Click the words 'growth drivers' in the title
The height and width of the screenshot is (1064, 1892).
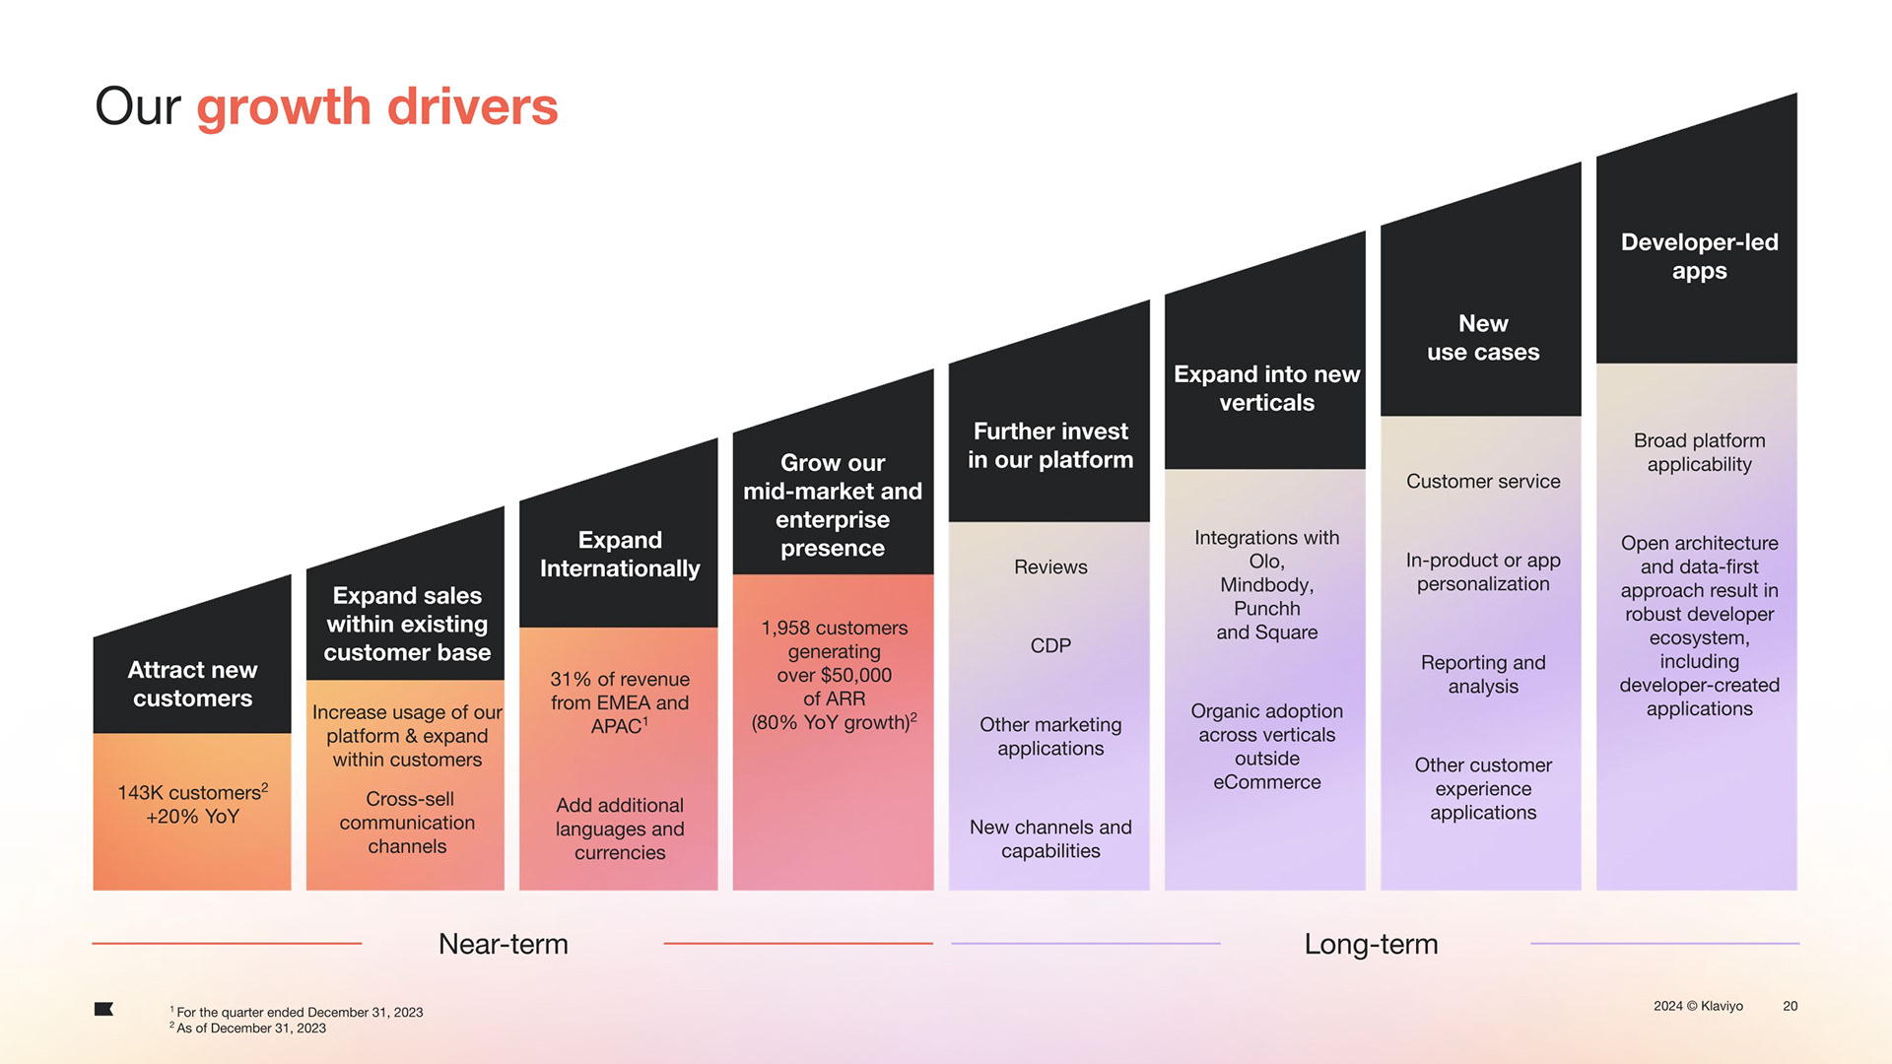(x=376, y=106)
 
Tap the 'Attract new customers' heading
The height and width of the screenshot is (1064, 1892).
(x=192, y=684)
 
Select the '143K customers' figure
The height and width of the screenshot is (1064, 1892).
(x=189, y=793)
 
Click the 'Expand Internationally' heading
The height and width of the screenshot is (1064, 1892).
(x=620, y=554)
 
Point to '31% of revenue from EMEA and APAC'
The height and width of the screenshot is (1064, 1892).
(x=620, y=702)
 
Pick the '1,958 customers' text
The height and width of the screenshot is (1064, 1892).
(x=834, y=628)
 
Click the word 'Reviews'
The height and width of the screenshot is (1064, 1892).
(x=1050, y=566)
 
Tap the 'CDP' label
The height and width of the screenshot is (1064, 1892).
(x=1050, y=645)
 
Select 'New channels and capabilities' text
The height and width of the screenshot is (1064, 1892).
(x=1050, y=838)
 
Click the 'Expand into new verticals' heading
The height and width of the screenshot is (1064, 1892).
(x=1266, y=388)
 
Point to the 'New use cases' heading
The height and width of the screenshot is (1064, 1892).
(x=1483, y=338)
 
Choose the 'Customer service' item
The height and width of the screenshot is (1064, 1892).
(x=1483, y=481)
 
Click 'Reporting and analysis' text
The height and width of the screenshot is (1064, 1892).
(x=1483, y=674)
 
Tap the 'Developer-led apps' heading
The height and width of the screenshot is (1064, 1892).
(x=1699, y=256)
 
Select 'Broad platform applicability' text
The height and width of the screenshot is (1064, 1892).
(x=1699, y=452)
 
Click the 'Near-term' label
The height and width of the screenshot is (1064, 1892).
(x=503, y=944)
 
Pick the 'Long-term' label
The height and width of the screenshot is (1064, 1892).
(x=1371, y=944)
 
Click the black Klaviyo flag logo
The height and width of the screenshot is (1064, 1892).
(x=103, y=1009)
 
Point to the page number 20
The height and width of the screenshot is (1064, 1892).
(x=1790, y=1006)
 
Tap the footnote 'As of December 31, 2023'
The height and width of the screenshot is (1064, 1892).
(x=250, y=1029)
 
